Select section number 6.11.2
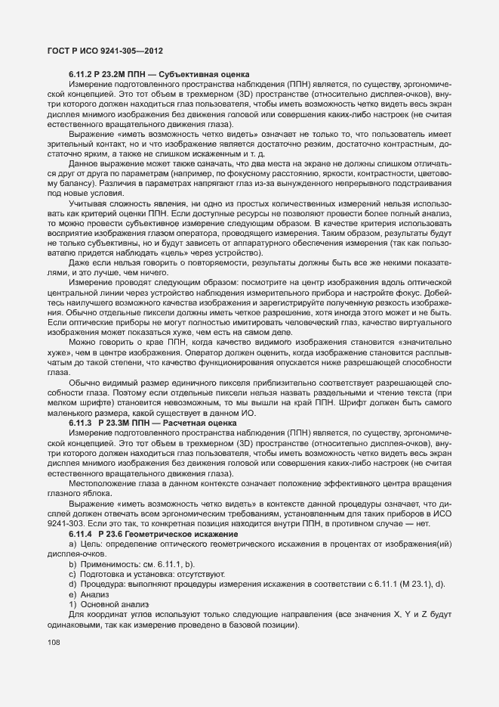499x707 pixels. point(82,73)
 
